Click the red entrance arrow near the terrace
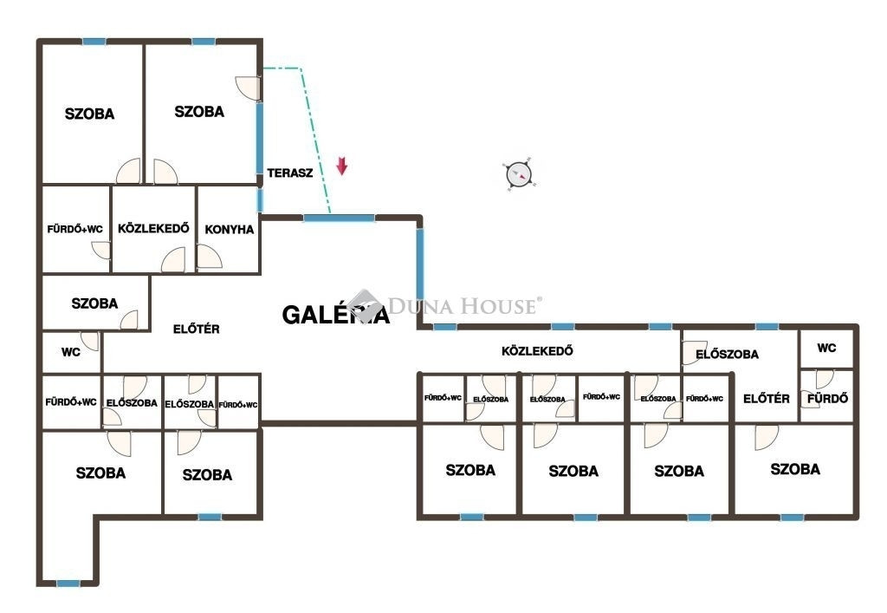tap(341, 166)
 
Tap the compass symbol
tap(519, 174)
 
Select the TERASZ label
tap(289, 173)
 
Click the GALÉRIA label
tap(336, 315)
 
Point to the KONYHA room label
tap(229, 229)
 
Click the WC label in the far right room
tap(826, 348)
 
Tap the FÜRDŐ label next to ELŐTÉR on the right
tap(827, 399)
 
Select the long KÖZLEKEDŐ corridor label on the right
tap(537, 351)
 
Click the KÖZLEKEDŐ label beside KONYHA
tap(153, 228)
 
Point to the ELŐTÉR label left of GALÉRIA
tap(197, 329)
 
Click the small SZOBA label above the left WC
tap(94, 303)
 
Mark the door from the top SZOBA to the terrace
tap(248, 88)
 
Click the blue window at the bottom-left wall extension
tap(68, 584)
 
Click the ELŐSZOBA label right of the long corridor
tap(727, 355)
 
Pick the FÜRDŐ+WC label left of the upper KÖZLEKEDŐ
tap(74, 229)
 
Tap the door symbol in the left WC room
tap(89, 341)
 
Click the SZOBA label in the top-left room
tap(89, 114)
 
